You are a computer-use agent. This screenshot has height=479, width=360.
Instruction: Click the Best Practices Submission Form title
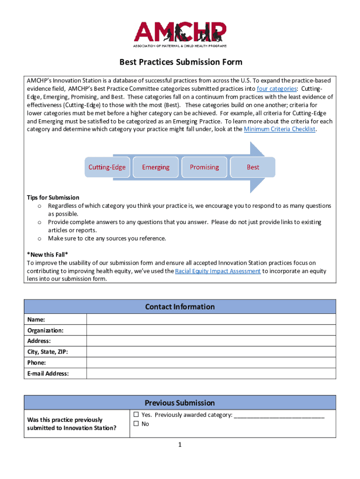[180, 62]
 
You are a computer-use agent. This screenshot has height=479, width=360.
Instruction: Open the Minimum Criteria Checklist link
[280, 129]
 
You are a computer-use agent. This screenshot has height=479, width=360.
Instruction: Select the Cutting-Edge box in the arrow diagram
[107, 167]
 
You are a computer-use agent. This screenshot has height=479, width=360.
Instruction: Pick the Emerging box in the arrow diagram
[156, 167]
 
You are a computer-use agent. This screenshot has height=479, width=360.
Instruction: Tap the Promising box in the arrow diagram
[204, 167]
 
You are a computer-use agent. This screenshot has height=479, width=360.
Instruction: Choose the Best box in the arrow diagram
[253, 167]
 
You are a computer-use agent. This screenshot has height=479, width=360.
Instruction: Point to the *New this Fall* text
[47, 254]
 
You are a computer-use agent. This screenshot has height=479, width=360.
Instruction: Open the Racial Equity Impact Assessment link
[217, 271]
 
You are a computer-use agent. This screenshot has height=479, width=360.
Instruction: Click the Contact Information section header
[180, 307]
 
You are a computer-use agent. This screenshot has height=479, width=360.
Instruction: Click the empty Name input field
[211, 319]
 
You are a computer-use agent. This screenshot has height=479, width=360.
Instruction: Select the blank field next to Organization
[211, 330]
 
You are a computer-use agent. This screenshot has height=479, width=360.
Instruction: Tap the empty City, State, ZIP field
[211, 352]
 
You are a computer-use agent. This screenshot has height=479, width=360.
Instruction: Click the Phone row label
[36, 363]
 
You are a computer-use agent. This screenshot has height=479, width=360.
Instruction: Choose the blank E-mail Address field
[211, 373]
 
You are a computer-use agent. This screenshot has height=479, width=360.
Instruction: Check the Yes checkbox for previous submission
[136, 414]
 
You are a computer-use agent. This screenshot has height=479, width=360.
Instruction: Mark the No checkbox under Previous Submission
[136, 424]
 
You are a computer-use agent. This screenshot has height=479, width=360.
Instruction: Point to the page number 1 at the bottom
[180, 445]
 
